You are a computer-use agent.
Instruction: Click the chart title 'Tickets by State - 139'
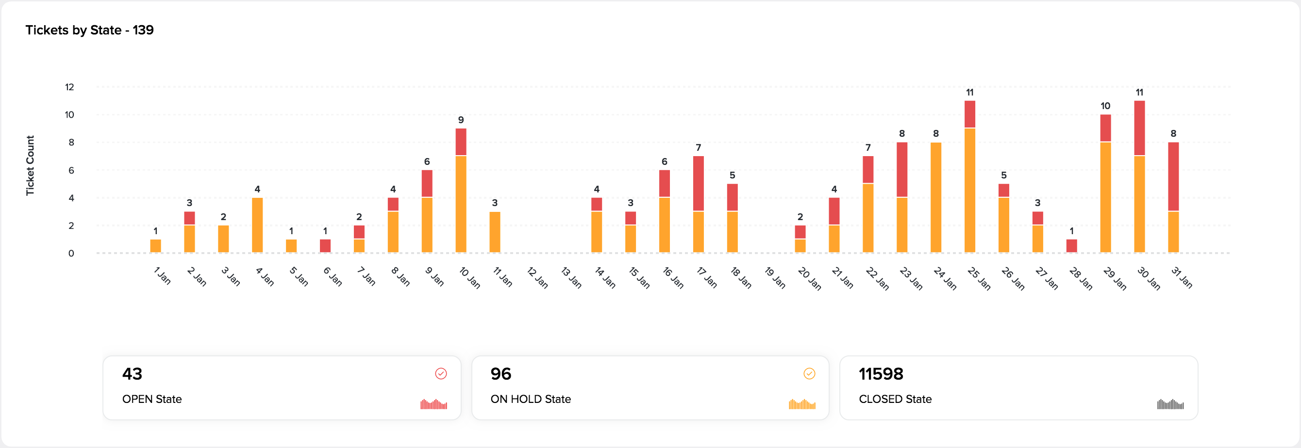coord(89,30)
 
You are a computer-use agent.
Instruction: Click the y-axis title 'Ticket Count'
coord(30,165)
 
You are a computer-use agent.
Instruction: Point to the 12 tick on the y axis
coord(69,87)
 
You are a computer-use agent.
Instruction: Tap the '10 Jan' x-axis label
coord(470,278)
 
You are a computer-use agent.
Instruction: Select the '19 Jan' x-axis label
coord(775,278)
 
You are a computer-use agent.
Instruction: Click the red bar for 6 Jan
coord(325,246)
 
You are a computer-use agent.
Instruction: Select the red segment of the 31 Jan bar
coord(1173,176)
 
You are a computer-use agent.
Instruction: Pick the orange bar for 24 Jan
coord(936,197)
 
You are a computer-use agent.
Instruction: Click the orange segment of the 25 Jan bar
coord(970,190)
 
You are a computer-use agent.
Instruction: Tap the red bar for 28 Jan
coord(1072,246)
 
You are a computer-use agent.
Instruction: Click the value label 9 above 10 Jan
coord(461,120)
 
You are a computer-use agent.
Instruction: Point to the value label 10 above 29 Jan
coord(1105,106)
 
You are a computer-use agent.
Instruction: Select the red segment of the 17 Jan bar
coord(699,183)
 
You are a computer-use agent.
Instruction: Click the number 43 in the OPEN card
coord(133,374)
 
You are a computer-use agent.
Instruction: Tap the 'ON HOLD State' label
coord(530,399)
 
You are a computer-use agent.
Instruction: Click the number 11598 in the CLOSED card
coord(881,374)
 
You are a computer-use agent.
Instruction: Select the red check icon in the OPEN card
coord(441,373)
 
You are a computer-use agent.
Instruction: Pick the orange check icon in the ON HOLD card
coord(809,373)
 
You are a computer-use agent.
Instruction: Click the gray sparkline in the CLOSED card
coord(1170,404)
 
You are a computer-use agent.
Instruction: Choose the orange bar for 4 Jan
coord(257,225)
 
